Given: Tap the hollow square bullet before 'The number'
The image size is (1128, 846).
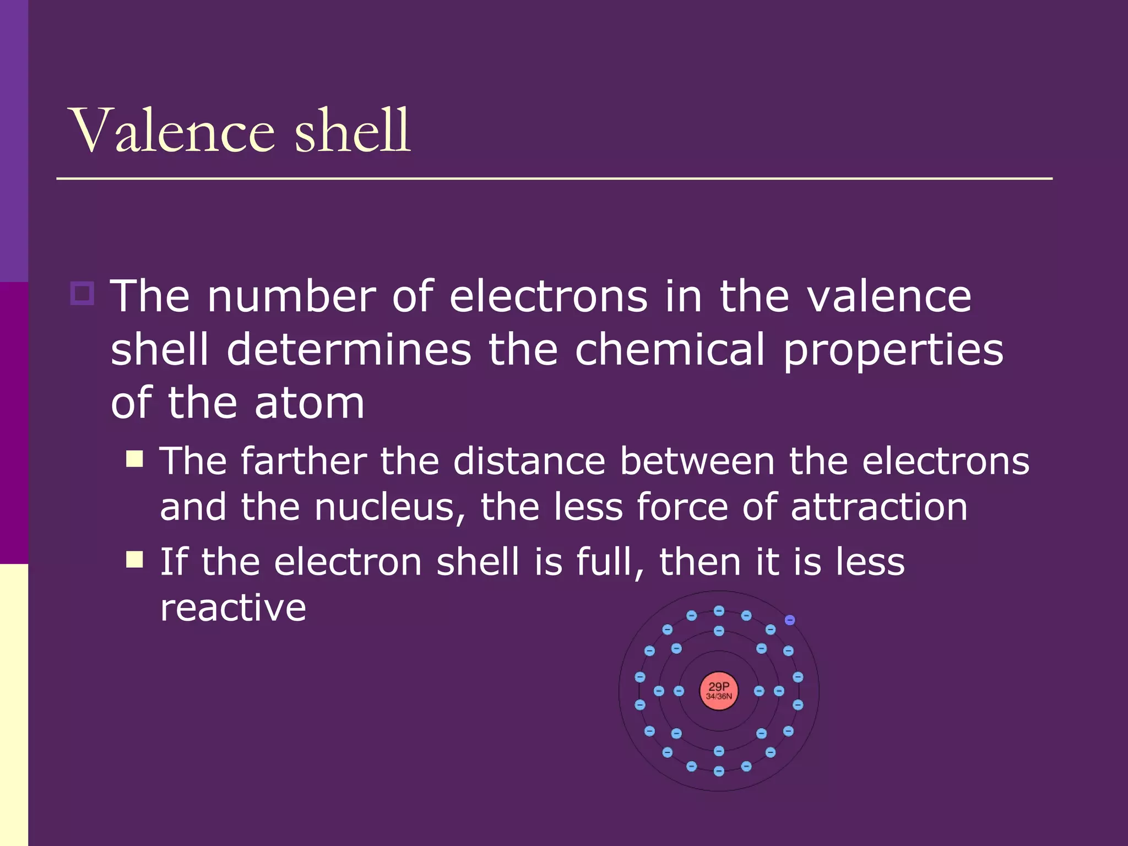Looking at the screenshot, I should point(83,293).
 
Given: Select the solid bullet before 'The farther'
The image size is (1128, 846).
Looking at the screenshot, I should point(134,459).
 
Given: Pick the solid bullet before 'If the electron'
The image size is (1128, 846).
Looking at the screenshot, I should point(134,560).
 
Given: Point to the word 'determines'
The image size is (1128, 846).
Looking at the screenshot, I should point(349,349).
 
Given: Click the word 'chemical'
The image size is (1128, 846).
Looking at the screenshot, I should point(670,349).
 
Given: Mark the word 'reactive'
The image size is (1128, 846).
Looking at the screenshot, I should point(233,608).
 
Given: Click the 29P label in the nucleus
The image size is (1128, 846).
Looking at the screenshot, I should point(719,686).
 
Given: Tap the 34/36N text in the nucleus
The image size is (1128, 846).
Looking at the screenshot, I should point(719,697).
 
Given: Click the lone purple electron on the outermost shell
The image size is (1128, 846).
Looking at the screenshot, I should point(790,620).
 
